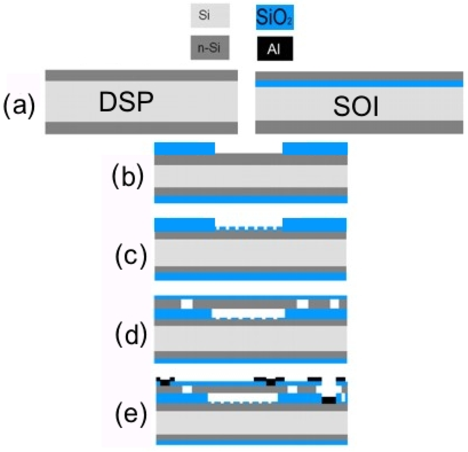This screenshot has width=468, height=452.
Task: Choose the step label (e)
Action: (127, 414)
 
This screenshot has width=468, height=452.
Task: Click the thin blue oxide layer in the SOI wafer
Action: (359, 84)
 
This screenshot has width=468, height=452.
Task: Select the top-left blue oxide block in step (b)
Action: (185, 149)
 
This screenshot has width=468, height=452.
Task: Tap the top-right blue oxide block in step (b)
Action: (315, 149)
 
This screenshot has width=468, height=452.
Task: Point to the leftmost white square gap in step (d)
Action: (186, 304)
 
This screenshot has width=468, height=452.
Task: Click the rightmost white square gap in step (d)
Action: (334, 304)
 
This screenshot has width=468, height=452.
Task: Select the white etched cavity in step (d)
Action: (248, 312)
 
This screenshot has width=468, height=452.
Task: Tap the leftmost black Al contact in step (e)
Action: (165, 382)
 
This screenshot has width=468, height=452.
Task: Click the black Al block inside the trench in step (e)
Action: (329, 400)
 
